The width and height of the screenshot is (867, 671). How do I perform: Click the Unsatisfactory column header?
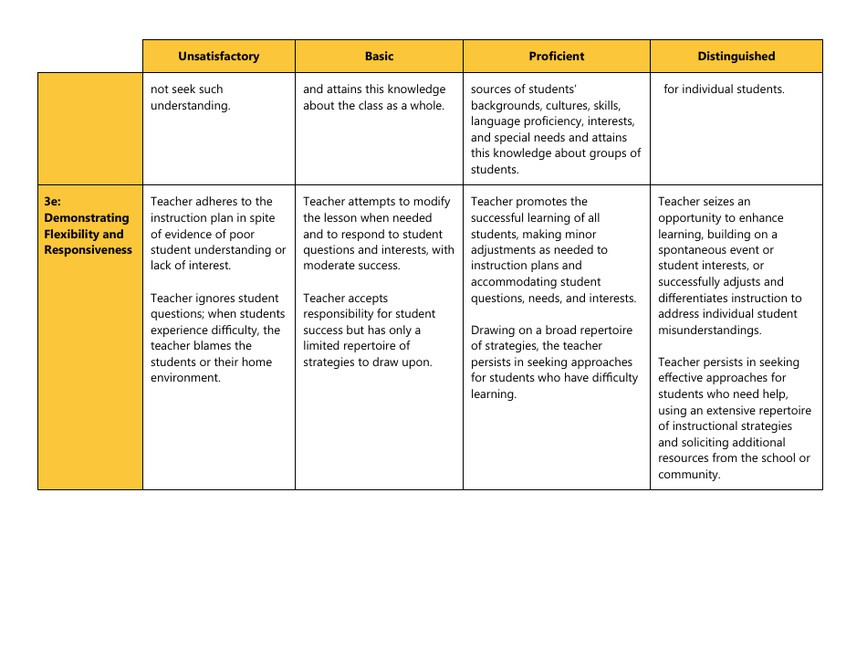pyautogui.click(x=218, y=57)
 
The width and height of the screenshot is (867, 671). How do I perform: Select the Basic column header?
pyautogui.click(x=379, y=57)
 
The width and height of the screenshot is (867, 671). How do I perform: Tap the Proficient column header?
pyautogui.click(x=557, y=57)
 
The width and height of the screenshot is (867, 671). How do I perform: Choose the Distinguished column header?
pyautogui.click(x=736, y=57)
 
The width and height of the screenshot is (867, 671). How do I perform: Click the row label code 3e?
pyautogui.click(x=52, y=202)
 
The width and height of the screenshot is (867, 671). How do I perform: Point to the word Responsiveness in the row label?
pyautogui.click(x=88, y=250)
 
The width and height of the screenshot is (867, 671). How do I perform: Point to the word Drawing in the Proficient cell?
pyautogui.click(x=494, y=330)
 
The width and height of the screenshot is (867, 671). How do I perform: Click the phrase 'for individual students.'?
pyautogui.click(x=724, y=89)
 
